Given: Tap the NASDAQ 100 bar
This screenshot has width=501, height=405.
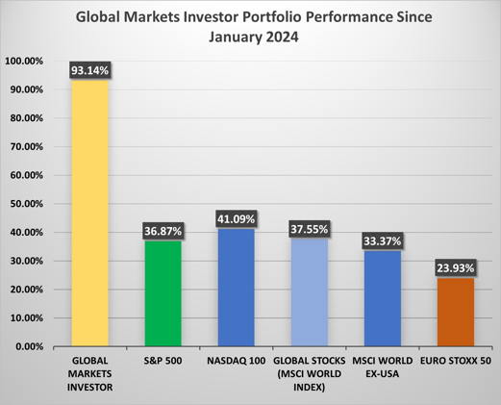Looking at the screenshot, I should click(236, 289).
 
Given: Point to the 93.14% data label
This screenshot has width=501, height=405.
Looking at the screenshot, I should click(89, 70).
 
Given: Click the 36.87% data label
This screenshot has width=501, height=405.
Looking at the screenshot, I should click(163, 231).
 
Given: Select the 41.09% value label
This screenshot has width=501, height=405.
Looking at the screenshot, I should click(236, 218).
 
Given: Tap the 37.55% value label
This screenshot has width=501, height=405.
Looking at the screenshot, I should click(310, 229).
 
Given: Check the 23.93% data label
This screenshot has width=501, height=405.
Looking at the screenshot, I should click(456, 267).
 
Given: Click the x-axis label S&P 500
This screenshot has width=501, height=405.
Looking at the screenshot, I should click(163, 361).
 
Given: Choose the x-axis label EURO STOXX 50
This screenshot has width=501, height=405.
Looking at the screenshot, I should click(456, 361).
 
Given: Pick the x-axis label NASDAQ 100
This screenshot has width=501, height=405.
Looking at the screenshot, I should click(236, 361).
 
